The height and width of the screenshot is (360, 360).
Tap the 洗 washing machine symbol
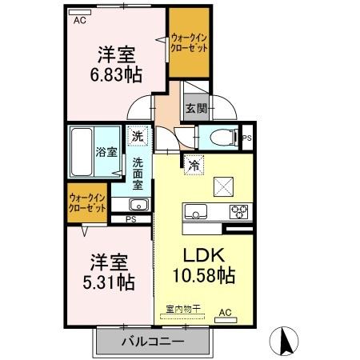pos(138,136)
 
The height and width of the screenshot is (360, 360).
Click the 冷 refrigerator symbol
pos(194,166)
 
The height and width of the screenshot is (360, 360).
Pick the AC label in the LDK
pos(225,312)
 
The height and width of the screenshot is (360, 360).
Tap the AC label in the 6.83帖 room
pos(79,22)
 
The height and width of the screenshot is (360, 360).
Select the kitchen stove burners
pos(239,212)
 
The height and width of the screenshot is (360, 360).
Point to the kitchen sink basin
pos(196,212)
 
